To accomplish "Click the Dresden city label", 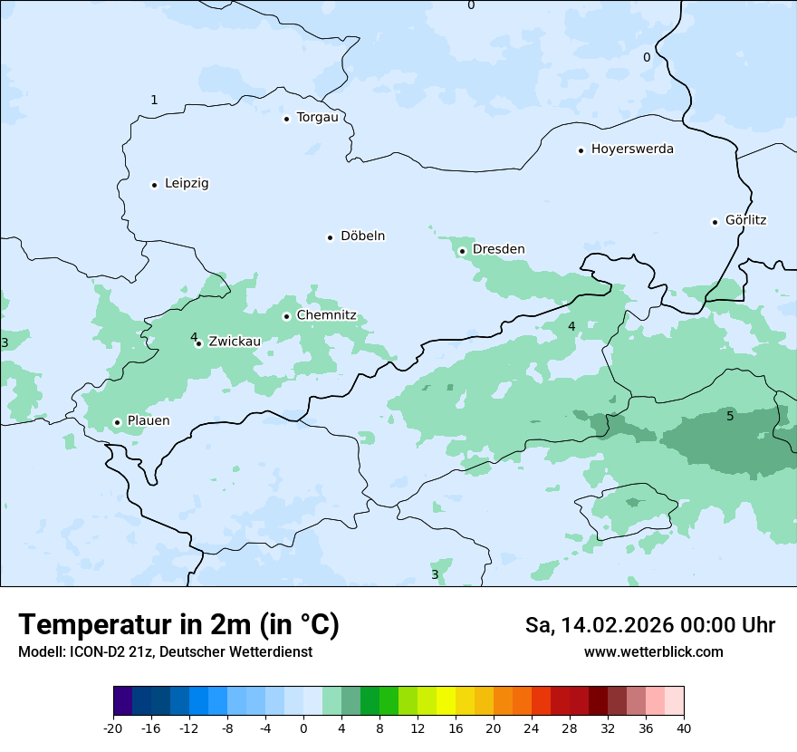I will point(498,249).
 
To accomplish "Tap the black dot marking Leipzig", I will point(154,185).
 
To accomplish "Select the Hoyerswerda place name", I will point(632,149).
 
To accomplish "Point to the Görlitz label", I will point(745,220).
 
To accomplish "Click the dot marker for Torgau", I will point(286,119).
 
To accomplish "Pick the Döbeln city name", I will point(362,236).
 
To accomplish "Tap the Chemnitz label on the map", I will point(326,316).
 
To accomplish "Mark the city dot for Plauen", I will point(117,422).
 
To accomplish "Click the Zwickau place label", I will point(235,342).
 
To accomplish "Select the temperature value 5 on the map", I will point(730,417).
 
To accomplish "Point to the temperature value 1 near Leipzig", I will point(154,100).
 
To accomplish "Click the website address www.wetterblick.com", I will point(653,652).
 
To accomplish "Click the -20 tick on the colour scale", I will point(113,728).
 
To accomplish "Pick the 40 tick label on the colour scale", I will point(684,728).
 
